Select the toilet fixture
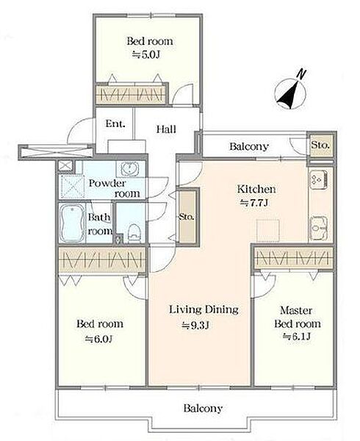click(x=134, y=233)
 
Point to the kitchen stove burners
click(x=319, y=179)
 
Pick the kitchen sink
click(x=319, y=227)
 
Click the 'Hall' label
click(x=166, y=129)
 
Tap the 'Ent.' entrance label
click(x=115, y=123)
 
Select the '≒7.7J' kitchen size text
click(x=253, y=203)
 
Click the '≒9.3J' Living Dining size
click(x=195, y=325)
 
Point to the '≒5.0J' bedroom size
click(x=146, y=54)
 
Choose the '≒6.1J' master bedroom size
click(x=297, y=337)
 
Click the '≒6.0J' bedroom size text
click(x=98, y=339)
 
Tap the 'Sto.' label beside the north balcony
click(x=320, y=146)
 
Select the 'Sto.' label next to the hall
click(x=187, y=217)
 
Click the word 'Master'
click(x=296, y=310)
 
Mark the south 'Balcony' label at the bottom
click(x=203, y=408)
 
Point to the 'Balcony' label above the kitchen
click(x=249, y=146)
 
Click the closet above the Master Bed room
click(x=293, y=258)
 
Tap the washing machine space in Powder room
click(x=72, y=187)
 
